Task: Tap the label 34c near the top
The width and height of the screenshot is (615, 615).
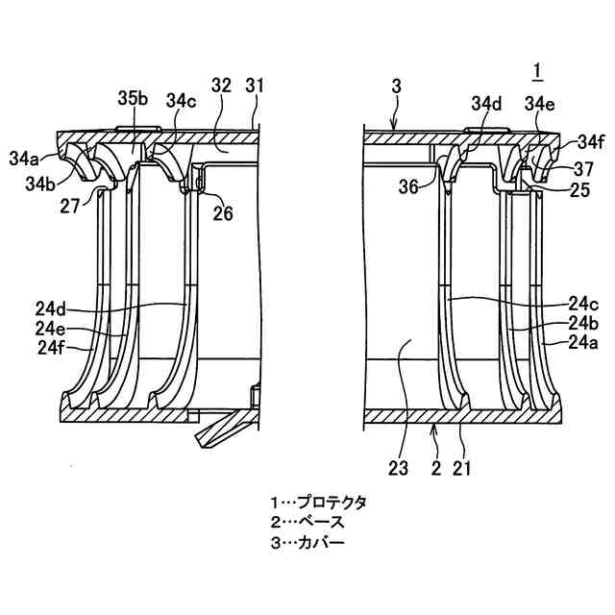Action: coord(182,100)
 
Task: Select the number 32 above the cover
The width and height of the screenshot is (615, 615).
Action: coord(222,86)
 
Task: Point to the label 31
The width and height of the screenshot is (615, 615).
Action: coord(255,86)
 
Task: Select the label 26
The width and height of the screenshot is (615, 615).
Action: coord(222,214)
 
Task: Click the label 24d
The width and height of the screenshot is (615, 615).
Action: coord(50,309)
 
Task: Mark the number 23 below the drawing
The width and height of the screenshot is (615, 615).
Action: coord(398,469)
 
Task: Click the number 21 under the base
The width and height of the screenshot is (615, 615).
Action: coord(462,469)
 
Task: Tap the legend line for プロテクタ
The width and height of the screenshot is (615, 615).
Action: coord(318,503)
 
